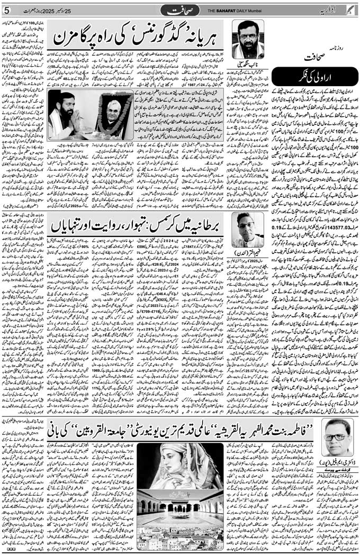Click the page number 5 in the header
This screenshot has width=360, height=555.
[x=6, y=11]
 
